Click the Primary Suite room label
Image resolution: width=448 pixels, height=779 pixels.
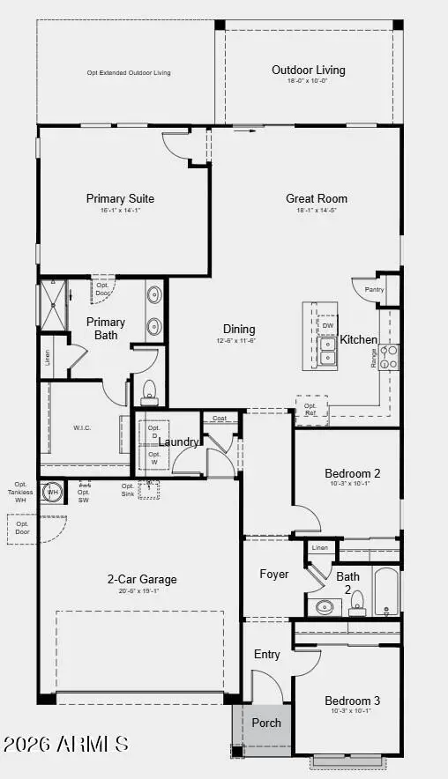(120, 198)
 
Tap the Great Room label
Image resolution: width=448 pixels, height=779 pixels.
(317, 198)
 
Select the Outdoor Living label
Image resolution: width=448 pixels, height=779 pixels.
(308, 70)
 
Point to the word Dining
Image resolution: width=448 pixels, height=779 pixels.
(238, 329)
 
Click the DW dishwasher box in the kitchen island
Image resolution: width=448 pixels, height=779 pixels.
(327, 326)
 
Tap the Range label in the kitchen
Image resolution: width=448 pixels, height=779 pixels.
(374, 356)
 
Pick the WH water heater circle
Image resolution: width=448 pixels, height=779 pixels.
(52, 492)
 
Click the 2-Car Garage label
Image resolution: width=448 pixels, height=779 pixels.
(142, 579)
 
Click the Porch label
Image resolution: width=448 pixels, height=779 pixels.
(266, 723)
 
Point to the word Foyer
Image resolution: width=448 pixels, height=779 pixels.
(273, 575)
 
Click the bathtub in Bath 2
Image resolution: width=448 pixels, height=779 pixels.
(387, 593)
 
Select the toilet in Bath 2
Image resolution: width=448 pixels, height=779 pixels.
(357, 603)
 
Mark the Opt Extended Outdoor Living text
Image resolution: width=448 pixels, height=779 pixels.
(129, 73)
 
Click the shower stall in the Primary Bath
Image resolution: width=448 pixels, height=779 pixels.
(54, 305)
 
